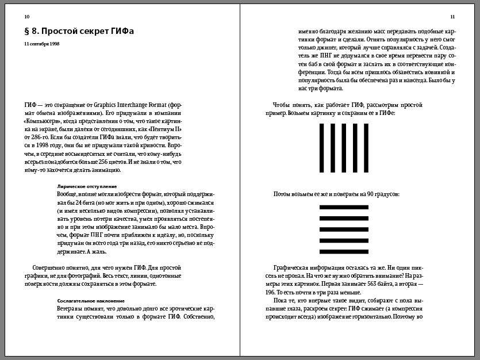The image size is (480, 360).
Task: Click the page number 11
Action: (x=452, y=17)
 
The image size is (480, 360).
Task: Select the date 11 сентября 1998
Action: (x=41, y=44)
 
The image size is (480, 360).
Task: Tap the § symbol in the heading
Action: (x=27, y=31)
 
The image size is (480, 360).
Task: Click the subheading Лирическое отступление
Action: (x=87, y=187)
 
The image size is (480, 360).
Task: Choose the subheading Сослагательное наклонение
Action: (x=91, y=301)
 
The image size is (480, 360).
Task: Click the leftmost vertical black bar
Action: (x=321, y=148)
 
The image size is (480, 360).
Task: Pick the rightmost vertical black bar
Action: (x=366, y=148)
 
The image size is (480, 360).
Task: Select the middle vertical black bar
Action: (x=344, y=148)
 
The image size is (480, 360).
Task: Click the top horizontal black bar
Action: (x=344, y=207)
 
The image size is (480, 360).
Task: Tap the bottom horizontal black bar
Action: (x=344, y=251)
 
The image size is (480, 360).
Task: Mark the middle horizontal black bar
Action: (x=344, y=229)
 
